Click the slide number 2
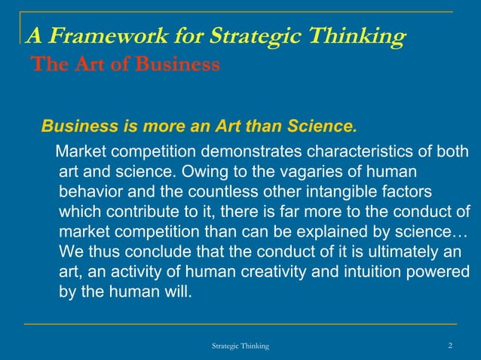coord(450,345)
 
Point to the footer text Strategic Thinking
coord(240,345)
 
